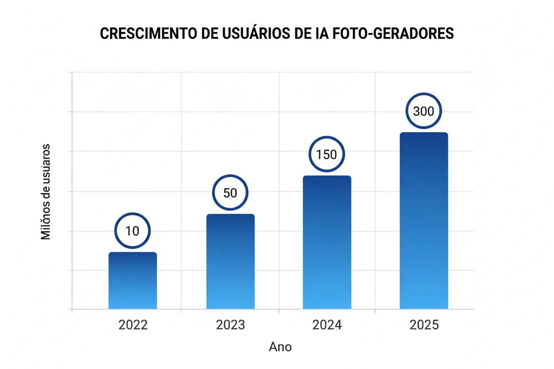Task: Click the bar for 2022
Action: pyautogui.click(x=133, y=280)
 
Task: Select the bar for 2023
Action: pyautogui.click(x=230, y=262)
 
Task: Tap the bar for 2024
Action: pyautogui.click(x=327, y=242)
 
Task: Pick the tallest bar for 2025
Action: pyautogui.click(x=424, y=220)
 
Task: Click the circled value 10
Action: pyautogui.click(x=133, y=231)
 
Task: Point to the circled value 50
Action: pyautogui.click(x=230, y=193)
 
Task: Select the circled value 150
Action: pyautogui.click(x=327, y=154)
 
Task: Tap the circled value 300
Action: pyautogui.click(x=423, y=111)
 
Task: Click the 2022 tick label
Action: pyautogui.click(x=133, y=325)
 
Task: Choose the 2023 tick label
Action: pyautogui.click(x=230, y=325)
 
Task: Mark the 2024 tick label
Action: pyautogui.click(x=327, y=325)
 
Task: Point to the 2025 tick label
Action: pyautogui.click(x=424, y=325)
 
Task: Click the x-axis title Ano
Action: pyautogui.click(x=281, y=347)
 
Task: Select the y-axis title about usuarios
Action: pyautogui.click(x=46, y=192)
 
